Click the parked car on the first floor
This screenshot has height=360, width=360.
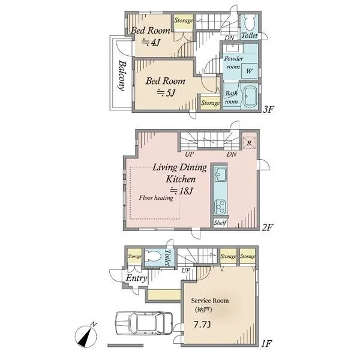click(144, 323)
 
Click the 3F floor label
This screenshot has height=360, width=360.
click(268, 109)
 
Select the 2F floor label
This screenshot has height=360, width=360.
click(267, 227)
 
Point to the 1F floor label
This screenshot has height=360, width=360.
click(267, 343)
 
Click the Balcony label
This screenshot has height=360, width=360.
click(122, 76)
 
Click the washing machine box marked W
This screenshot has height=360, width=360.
click(249, 71)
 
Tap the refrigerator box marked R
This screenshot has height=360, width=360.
click(249, 143)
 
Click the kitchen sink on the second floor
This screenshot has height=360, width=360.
click(220, 174)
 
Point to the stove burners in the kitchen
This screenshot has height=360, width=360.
click(220, 207)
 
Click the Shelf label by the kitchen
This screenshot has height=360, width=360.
click(220, 223)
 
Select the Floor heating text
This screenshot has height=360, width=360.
click(156, 197)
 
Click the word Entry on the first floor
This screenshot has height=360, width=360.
click(136, 278)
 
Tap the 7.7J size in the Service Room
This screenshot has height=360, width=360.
click(202, 325)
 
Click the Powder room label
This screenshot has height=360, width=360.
click(233, 62)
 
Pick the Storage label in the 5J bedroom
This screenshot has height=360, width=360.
click(211, 103)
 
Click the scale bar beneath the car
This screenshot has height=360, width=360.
click(125, 345)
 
